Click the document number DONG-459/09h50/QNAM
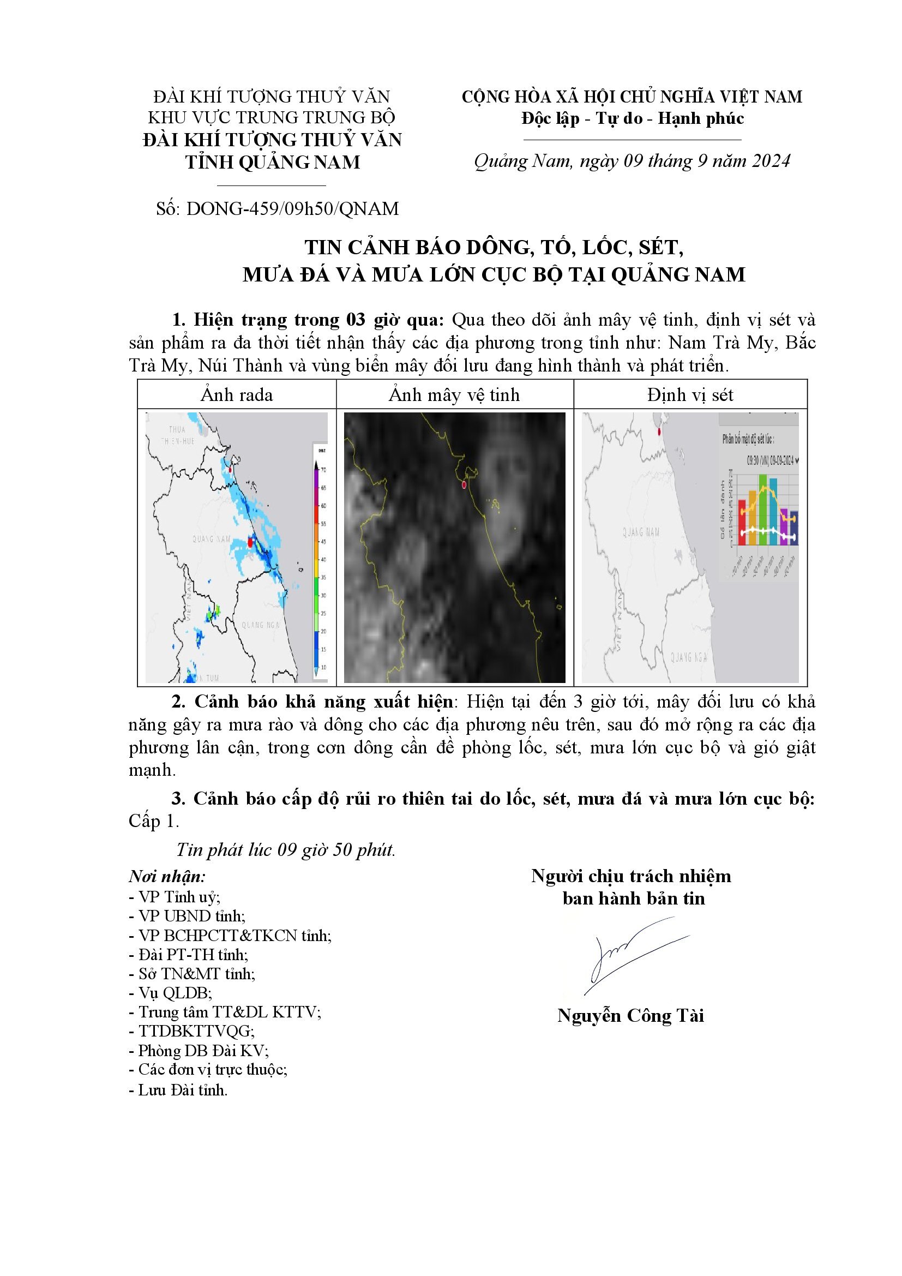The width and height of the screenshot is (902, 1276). click(x=293, y=209)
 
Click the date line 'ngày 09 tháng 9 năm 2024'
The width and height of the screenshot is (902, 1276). click(x=684, y=161)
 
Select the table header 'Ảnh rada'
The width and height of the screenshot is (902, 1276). click(x=237, y=394)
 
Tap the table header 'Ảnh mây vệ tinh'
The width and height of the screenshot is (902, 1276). click(x=454, y=394)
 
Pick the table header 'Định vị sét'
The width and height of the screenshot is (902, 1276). click(x=690, y=394)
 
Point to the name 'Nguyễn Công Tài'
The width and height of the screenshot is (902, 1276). click(x=630, y=1015)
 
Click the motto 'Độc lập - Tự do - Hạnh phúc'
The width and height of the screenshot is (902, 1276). click(x=632, y=118)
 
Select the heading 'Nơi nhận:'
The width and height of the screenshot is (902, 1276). click(x=167, y=877)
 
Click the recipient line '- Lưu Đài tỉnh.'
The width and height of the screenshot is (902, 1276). click(x=178, y=1090)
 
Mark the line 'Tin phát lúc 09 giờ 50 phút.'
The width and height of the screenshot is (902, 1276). click(x=285, y=850)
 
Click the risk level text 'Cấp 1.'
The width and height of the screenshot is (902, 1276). click(x=154, y=821)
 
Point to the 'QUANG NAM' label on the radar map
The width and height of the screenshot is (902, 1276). click(x=211, y=539)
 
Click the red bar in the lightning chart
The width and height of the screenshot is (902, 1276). click(x=742, y=523)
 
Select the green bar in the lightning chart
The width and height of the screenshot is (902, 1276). click(x=763, y=510)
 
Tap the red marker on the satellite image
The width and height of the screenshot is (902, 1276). click(x=464, y=485)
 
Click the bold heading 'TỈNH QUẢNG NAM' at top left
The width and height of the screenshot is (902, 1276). click(x=272, y=162)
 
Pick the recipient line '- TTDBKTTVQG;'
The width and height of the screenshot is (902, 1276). click(x=191, y=1031)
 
